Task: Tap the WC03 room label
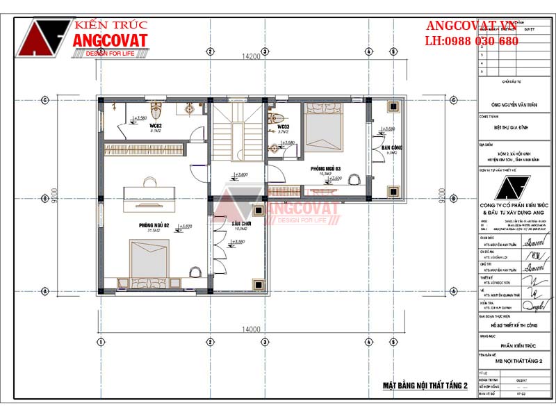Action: click(x=284, y=127)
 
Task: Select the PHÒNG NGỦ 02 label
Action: click(x=154, y=224)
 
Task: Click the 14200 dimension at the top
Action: click(x=251, y=56)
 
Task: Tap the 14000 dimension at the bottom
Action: click(x=251, y=329)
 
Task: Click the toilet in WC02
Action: click(x=157, y=111)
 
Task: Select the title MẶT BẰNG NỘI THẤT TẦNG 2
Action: click(x=425, y=385)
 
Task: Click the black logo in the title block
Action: click(x=514, y=190)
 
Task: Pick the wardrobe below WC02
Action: click(x=145, y=148)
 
